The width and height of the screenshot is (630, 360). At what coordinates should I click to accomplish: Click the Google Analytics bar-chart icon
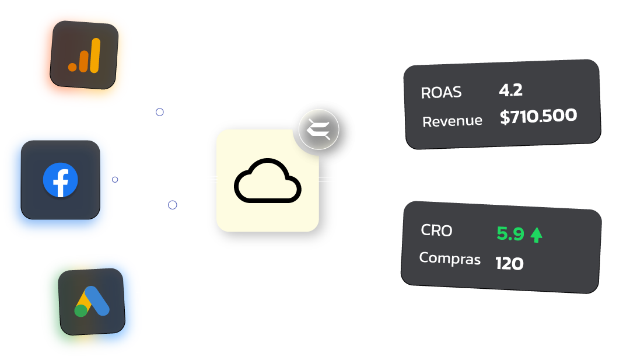coord(84,56)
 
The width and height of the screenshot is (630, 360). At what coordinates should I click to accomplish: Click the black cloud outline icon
coord(268,181)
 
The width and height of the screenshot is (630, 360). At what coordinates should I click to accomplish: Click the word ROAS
coord(441,92)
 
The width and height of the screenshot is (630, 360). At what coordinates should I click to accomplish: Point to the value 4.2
coord(510,90)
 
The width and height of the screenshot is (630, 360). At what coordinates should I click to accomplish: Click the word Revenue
coord(452,121)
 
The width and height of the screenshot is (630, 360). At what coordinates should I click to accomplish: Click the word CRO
coord(436,230)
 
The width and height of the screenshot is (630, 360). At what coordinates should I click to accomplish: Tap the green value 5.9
coord(510,234)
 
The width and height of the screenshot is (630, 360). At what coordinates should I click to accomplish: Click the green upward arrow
coord(536,235)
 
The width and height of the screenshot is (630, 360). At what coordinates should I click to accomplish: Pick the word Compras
coord(450,258)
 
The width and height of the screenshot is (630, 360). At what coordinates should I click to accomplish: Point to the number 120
coord(509,264)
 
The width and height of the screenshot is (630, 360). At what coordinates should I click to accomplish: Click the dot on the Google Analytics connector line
coord(159,111)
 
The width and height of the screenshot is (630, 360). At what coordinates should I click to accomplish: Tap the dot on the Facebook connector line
coord(115,179)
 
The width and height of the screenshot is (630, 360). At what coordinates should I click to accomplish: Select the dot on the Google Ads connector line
coord(172,205)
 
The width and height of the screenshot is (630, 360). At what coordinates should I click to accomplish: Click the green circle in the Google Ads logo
coord(80,310)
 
